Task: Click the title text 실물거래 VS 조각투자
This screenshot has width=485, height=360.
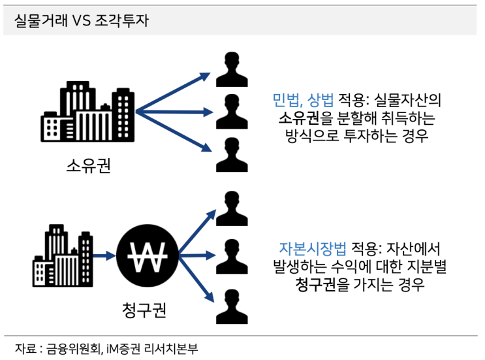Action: (x=82, y=21)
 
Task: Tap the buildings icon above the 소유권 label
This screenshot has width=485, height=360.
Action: (x=87, y=112)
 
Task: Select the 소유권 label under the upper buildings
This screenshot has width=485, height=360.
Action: (x=89, y=165)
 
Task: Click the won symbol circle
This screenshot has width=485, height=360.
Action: (x=148, y=255)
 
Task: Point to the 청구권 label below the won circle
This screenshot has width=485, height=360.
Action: (x=144, y=310)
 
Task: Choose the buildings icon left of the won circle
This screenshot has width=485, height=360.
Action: (x=63, y=255)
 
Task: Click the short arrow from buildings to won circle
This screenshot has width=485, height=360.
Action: (x=104, y=255)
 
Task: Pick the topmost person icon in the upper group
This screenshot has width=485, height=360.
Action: (x=232, y=69)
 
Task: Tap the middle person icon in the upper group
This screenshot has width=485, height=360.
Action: (x=232, y=112)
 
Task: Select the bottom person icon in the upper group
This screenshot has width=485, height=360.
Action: (x=232, y=155)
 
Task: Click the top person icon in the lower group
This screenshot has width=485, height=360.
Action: (x=232, y=208)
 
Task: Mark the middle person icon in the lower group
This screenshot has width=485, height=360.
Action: (x=232, y=257)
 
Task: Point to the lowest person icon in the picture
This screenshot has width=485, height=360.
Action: (x=232, y=307)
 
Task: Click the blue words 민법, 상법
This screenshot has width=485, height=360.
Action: (x=303, y=100)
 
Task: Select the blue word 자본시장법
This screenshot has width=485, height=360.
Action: (x=313, y=248)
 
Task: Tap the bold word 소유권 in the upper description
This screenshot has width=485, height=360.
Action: (x=299, y=118)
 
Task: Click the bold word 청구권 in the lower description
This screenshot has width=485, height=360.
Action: (x=315, y=284)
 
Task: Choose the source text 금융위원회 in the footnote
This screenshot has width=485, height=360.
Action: (x=73, y=349)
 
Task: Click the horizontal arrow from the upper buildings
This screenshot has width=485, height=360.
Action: (x=174, y=112)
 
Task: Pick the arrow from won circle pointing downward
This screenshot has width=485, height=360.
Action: (x=196, y=278)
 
